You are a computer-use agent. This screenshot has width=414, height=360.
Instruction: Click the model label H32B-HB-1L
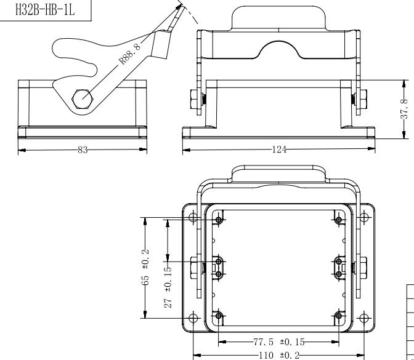[45, 10]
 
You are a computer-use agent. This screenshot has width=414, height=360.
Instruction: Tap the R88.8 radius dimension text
[130, 54]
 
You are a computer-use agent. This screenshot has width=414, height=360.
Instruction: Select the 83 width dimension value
[83, 150]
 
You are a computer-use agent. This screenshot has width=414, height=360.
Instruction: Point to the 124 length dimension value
[279, 150]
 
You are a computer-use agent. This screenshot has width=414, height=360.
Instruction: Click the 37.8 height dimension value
[405, 109]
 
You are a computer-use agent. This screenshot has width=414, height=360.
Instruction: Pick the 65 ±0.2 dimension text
[145, 267]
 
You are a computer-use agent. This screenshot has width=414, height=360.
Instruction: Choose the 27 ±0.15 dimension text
[168, 287]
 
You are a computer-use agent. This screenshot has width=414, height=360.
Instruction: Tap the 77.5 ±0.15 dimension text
[279, 342]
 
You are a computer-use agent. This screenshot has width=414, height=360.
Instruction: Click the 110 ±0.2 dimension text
[279, 356]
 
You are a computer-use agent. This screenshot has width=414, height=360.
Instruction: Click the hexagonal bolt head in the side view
[83, 99]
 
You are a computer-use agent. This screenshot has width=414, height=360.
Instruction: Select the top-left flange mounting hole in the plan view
[193, 218]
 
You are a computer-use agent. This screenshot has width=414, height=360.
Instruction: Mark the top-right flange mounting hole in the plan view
[364, 218]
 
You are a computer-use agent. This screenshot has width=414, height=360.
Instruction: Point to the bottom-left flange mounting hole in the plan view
[193, 318]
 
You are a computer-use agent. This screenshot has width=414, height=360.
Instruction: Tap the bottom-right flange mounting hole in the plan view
[364, 318]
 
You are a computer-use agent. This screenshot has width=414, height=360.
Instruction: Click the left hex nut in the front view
[196, 99]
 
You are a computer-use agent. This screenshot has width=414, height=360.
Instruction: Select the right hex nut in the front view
[360, 99]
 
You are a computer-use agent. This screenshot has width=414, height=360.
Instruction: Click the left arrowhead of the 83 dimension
[22, 150]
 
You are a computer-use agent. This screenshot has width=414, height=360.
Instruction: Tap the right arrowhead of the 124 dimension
[371, 149]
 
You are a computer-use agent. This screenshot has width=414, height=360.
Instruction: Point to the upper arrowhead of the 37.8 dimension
[404, 84]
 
